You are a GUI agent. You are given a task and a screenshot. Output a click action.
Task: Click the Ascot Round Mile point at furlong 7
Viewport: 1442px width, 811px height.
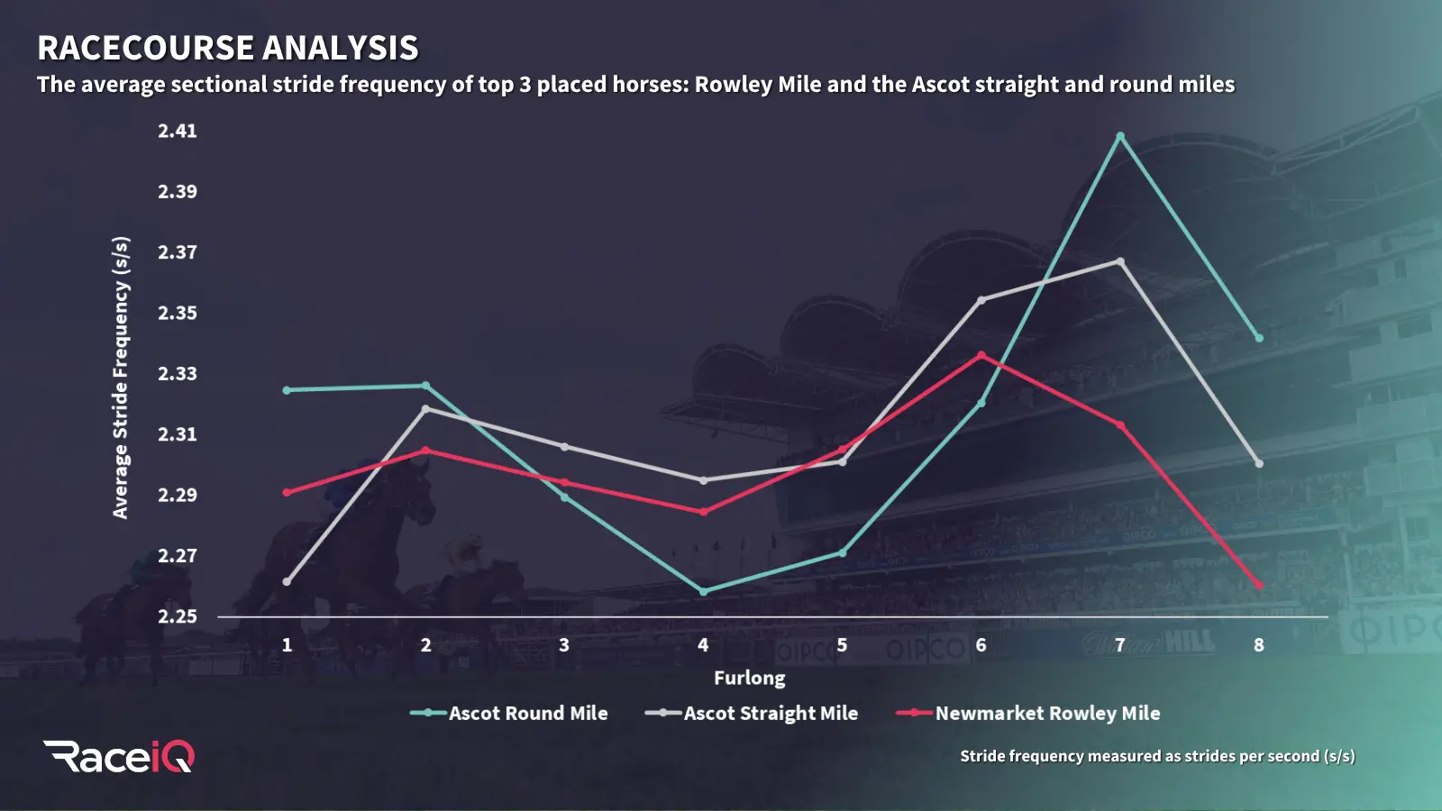[x=1120, y=137]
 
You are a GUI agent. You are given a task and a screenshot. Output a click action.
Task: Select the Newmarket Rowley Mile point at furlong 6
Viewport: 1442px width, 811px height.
[x=981, y=355]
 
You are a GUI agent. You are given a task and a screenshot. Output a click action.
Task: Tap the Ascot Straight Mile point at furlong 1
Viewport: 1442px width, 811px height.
[x=287, y=582]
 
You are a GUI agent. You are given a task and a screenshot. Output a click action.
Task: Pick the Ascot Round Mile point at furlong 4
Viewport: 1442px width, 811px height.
[x=704, y=591]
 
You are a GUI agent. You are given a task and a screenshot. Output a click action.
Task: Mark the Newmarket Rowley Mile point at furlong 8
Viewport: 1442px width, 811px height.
[x=1259, y=586]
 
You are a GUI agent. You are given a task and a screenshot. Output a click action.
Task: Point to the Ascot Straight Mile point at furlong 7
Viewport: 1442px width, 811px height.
[x=1120, y=261]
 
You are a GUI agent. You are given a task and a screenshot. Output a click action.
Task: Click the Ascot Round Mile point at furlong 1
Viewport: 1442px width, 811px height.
[x=287, y=390]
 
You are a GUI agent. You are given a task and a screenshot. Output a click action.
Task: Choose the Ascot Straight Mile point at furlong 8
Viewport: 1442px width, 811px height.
[x=1259, y=463]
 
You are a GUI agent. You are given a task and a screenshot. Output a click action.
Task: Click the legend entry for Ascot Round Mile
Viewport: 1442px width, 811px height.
[x=509, y=713]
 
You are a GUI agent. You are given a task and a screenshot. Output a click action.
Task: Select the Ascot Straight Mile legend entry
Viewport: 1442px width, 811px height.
[x=752, y=713]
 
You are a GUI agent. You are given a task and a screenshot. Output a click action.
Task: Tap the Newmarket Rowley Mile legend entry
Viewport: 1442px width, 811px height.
[x=1028, y=713]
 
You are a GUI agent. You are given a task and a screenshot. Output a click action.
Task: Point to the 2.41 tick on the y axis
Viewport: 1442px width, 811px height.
[x=178, y=131]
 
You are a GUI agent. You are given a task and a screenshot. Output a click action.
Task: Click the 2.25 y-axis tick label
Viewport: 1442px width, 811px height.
[x=178, y=616]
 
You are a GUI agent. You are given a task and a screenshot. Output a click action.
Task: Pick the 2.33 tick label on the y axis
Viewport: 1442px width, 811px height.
[x=178, y=373]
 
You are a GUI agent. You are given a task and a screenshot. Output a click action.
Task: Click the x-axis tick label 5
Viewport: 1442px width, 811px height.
[x=842, y=645]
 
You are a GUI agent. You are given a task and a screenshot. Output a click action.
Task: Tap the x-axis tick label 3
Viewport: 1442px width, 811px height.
[x=564, y=645]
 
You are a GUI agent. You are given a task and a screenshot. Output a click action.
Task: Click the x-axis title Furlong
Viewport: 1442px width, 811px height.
[x=749, y=678]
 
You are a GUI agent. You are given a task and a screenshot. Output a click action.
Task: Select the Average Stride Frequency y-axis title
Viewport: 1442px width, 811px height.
[x=121, y=377]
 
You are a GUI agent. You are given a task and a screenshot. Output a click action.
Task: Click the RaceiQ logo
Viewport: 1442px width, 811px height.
[x=119, y=756]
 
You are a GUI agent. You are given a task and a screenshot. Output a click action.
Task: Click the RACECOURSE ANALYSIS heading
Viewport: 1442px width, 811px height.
[x=228, y=48]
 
